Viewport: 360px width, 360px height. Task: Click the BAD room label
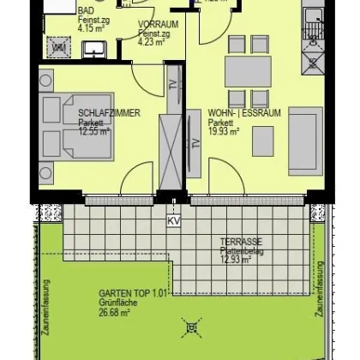pos(87,10)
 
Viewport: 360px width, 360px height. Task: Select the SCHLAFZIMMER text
pos(109,112)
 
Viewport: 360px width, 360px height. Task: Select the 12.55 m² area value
pos(94,131)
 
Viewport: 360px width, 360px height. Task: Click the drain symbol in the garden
pos(191,327)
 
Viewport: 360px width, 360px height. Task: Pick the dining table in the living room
pos(249,70)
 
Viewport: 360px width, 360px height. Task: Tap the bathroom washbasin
pos(92,50)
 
